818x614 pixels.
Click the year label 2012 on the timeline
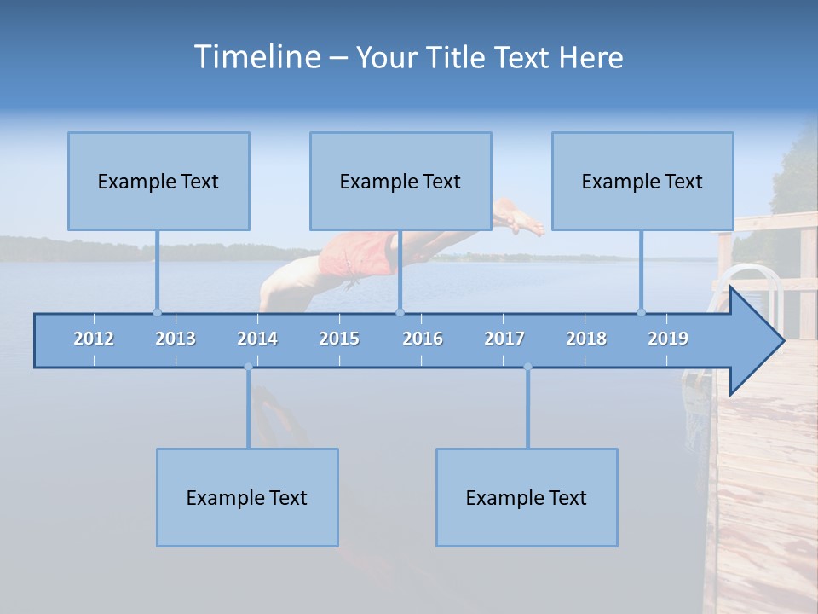tap(94, 339)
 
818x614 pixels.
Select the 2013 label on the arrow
tap(176, 339)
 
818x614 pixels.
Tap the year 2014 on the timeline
tap(257, 339)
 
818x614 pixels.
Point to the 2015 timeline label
tap(339, 339)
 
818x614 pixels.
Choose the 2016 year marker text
tap(423, 339)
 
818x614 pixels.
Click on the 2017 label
tap(504, 339)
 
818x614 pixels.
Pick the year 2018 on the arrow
tap(586, 339)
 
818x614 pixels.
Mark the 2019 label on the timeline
tap(668, 339)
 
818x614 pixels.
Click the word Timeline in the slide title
tap(256, 57)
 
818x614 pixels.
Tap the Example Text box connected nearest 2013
tap(158, 181)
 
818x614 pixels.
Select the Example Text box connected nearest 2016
tap(400, 181)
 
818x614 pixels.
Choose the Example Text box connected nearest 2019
tap(642, 181)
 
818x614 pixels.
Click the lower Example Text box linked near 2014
tap(247, 497)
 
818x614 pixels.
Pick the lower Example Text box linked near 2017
tap(527, 497)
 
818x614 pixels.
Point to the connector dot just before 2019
tap(641, 312)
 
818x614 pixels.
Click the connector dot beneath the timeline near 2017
tap(527, 368)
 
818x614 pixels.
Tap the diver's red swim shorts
tap(358, 254)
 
